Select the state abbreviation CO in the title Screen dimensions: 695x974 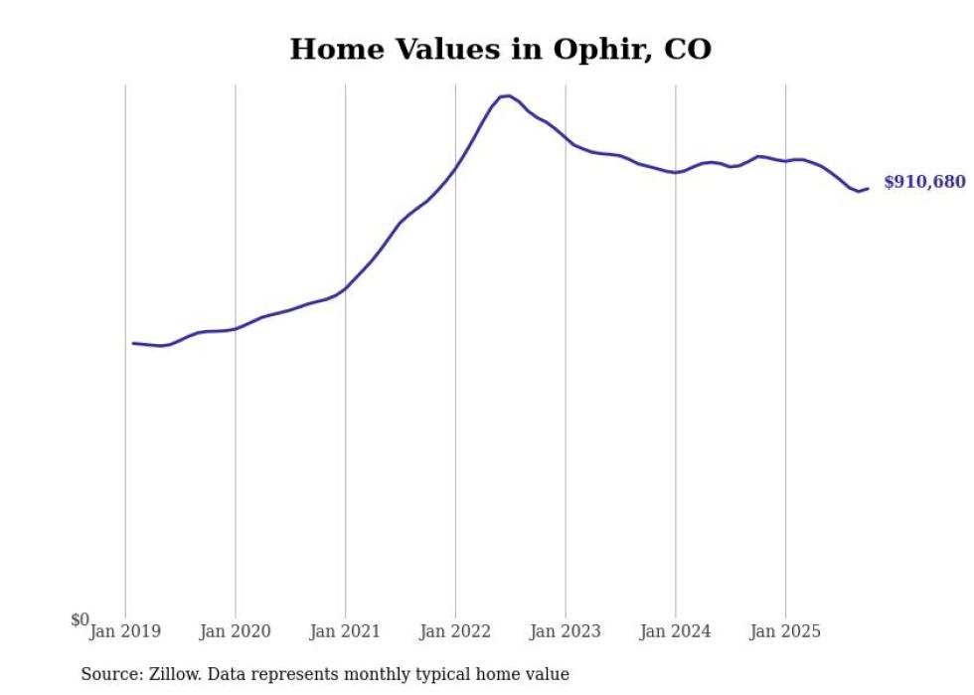click(x=688, y=49)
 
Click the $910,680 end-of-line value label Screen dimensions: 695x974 click(x=923, y=182)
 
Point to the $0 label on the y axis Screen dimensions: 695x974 click(x=80, y=619)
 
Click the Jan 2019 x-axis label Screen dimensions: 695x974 click(x=124, y=631)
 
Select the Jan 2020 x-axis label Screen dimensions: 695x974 click(x=235, y=631)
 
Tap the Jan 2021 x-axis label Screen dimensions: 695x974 click(x=345, y=631)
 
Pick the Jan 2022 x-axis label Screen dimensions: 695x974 click(x=455, y=631)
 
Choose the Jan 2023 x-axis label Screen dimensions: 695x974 click(x=566, y=631)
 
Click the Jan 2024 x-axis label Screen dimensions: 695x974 click(x=676, y=631)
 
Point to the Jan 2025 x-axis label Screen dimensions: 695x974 click(x=785, y=631)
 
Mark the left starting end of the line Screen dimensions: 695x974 click(x=133, y=343)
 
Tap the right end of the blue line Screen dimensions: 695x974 click(x=868, y=188)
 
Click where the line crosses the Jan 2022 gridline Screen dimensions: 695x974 click(x=455, y=167)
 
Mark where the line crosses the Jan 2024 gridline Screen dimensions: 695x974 click(x=676, y=172)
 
